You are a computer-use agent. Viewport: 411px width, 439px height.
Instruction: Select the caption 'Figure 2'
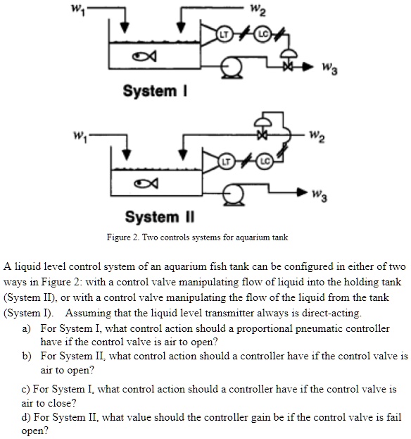click(x=123, y=238)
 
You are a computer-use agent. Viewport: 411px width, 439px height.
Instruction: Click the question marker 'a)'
click(x=27, y=329)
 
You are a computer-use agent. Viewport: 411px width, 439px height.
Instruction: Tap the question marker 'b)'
click(x=27, y=357)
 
